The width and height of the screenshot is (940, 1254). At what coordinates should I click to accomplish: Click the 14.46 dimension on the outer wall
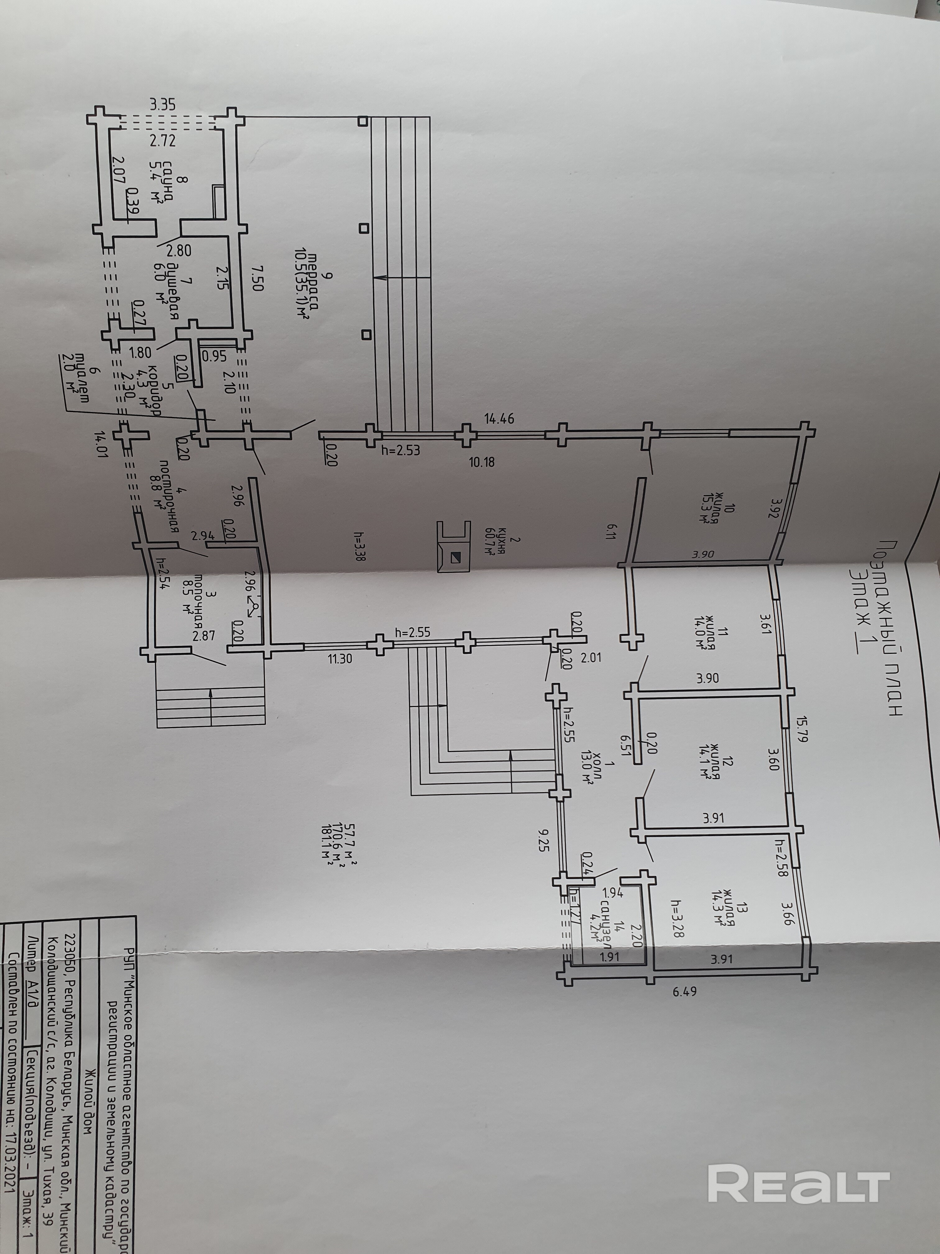tap(499, 420)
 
